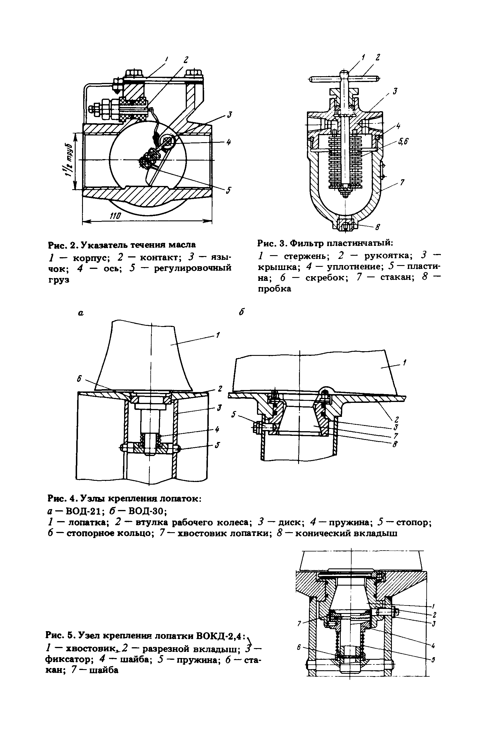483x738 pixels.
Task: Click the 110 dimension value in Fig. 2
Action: coord(115,216)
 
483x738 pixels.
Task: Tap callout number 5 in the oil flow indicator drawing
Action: coord(228,190)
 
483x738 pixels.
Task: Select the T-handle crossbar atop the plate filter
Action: coord(344,78)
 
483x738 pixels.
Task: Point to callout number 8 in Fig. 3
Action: coord(378,227)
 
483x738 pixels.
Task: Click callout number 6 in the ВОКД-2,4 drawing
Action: coord(299,647)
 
